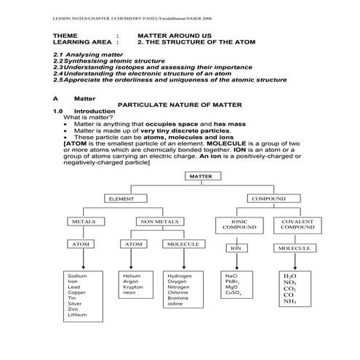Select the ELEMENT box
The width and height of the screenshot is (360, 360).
click(x=122, y=199)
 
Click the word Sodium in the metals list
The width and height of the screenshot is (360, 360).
click(x=77, y=276)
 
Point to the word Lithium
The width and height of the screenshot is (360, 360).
click(x=77, y=316)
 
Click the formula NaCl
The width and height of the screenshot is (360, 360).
click(x=232, y=276)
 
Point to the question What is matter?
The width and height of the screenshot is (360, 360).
click(x=88, y=117)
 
